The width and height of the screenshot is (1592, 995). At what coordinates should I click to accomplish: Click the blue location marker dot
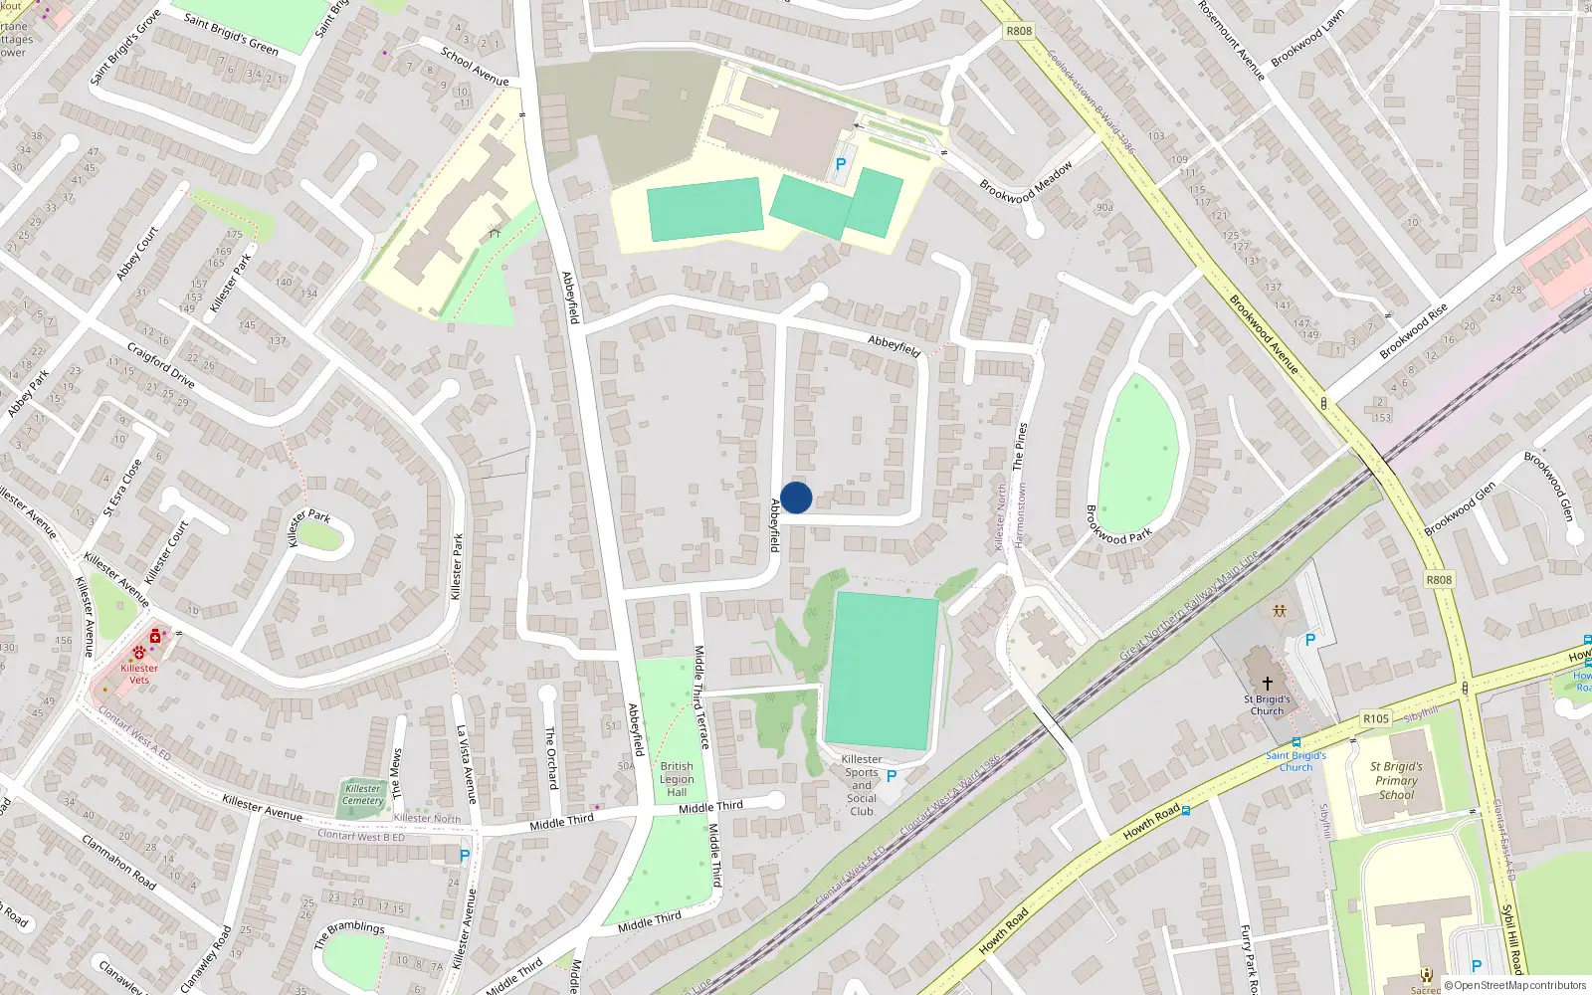796,497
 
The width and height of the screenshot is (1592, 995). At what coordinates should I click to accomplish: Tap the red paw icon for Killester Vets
138,653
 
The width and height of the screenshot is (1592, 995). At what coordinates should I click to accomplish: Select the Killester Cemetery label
363,794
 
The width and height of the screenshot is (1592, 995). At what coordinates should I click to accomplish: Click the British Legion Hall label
677,779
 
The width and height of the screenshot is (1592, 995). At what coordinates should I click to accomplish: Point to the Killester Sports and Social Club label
862,785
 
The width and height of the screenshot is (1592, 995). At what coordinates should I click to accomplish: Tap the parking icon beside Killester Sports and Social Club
892,776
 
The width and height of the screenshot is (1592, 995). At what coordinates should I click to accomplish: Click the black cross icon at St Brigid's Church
1267,684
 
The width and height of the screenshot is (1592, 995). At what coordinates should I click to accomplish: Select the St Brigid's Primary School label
1396,780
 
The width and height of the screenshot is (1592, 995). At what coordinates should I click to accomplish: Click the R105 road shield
1376,718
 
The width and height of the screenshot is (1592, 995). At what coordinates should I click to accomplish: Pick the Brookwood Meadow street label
1026,183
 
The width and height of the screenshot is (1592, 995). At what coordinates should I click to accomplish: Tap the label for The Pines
1019,446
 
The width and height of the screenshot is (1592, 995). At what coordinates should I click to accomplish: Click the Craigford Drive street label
161,365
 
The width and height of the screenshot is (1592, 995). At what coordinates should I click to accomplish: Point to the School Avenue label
475,67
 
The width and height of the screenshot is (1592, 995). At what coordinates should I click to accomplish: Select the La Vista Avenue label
466,763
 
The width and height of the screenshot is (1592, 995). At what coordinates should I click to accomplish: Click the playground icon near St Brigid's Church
1279,610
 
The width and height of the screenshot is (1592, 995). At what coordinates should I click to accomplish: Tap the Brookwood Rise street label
1414,331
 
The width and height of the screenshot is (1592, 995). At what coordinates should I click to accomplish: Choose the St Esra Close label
122,488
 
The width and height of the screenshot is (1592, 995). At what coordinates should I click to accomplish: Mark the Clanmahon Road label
118,862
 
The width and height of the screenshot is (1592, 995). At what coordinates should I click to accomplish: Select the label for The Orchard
551,756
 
